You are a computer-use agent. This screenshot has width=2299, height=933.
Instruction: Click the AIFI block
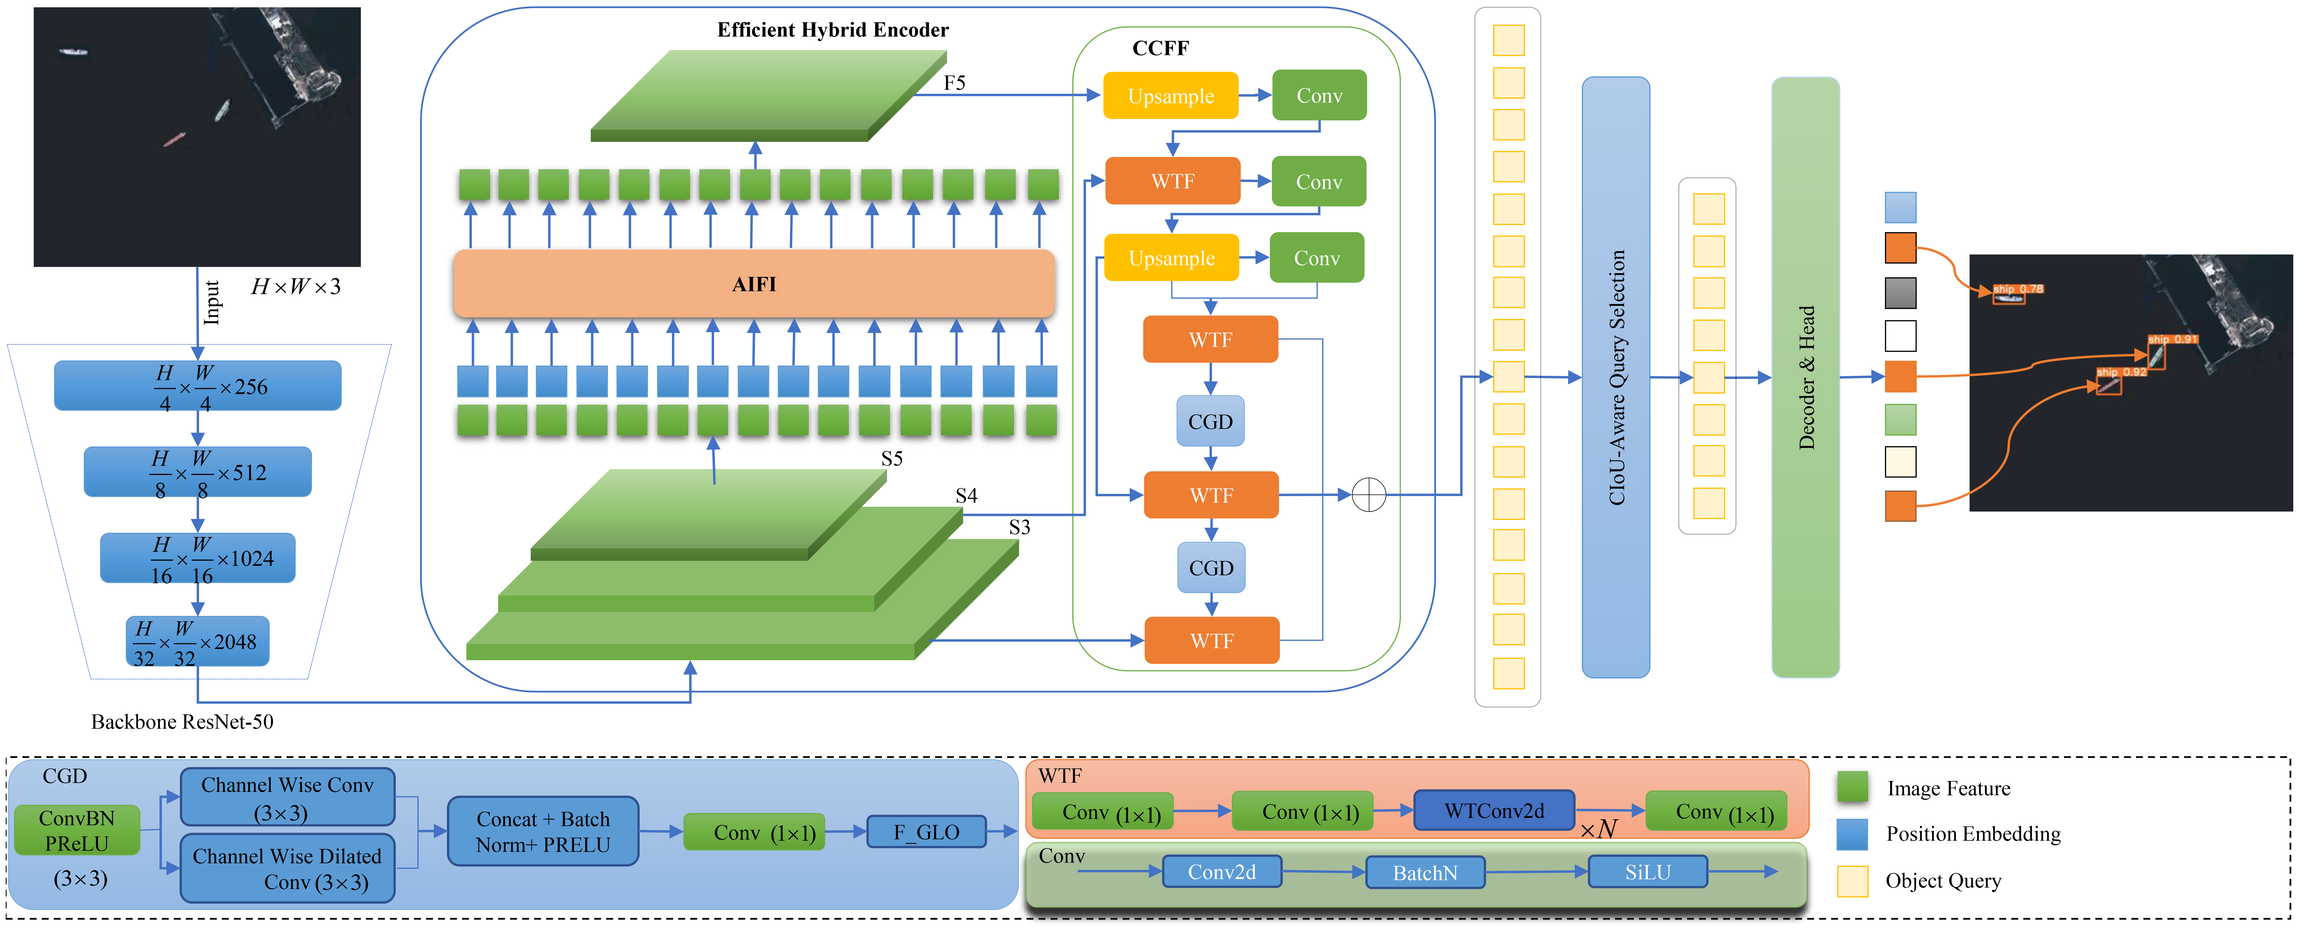click(754, 284)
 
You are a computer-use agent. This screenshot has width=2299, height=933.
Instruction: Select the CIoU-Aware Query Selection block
click(1615, 377)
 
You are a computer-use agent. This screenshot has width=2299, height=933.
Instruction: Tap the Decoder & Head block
click(1805, 377)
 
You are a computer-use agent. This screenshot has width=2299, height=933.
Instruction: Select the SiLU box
click(1648, 872)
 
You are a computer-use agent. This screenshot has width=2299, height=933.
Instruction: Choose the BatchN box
click(1425, 872)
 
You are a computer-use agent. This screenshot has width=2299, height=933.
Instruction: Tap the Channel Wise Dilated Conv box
click(287, 868)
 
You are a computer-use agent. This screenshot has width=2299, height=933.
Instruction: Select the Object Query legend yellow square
click(1853, 880)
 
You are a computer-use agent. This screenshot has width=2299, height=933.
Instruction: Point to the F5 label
click(954, 83)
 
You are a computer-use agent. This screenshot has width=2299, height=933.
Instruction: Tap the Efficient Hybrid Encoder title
click(833, 29)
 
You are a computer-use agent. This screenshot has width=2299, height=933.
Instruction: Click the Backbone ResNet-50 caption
click(182, 722)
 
